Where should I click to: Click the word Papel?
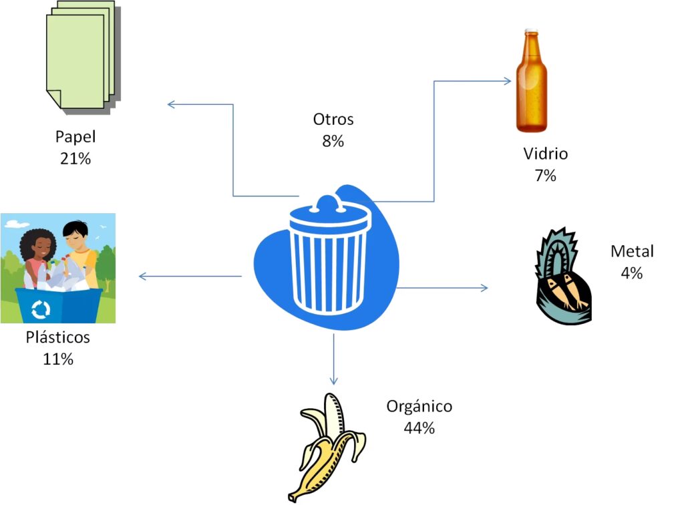tap(75, 137)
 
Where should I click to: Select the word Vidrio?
tap(545, 154)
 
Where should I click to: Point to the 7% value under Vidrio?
tap(545, 176)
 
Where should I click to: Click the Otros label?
tap(333, 120)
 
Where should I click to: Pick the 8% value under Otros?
tap(333, 142)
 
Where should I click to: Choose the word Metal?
tap(632, 251)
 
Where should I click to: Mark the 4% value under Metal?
tap(631, 273)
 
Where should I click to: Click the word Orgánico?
tap(419, 406)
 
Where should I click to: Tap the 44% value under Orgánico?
tap(419, 428)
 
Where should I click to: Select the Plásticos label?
tap(58, 337)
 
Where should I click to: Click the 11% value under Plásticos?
tap(58, 359)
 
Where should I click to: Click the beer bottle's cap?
tap(532, 32)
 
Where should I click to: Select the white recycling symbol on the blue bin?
tap(41, 309)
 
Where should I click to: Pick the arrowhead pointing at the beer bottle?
tap(508, 81)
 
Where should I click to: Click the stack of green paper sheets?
tap(80, 54)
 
